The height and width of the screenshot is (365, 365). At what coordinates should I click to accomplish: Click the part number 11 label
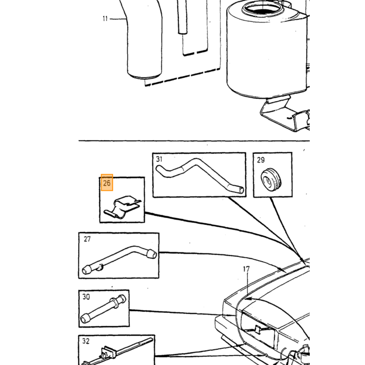click(105, 19)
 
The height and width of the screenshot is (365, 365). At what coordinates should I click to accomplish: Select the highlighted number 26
click(107, 182)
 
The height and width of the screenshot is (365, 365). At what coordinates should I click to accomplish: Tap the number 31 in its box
click(159, 159)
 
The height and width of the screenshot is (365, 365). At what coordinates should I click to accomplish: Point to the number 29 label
click(261, 160)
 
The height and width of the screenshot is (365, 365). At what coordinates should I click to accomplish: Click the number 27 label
click(87, 239)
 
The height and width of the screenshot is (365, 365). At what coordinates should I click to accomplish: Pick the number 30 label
click(86, 297)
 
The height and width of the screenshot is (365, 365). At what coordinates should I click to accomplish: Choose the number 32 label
click(86, 341)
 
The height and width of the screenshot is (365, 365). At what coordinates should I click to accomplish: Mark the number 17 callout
click(246, 269)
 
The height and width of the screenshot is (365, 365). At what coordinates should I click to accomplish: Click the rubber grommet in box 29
click(271, 179)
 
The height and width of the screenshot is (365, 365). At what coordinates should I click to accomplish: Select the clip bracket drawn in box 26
click(123, 207)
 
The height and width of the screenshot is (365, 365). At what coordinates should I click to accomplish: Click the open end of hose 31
click(241, 190)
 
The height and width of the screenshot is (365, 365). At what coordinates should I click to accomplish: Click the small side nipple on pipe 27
click(100, 267)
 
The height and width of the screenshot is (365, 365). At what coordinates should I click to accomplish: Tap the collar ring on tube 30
click(115, 302)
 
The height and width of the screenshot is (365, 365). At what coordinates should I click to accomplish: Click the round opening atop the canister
click(262, 9)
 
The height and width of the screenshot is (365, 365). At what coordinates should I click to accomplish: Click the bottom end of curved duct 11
click(144, 76)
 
